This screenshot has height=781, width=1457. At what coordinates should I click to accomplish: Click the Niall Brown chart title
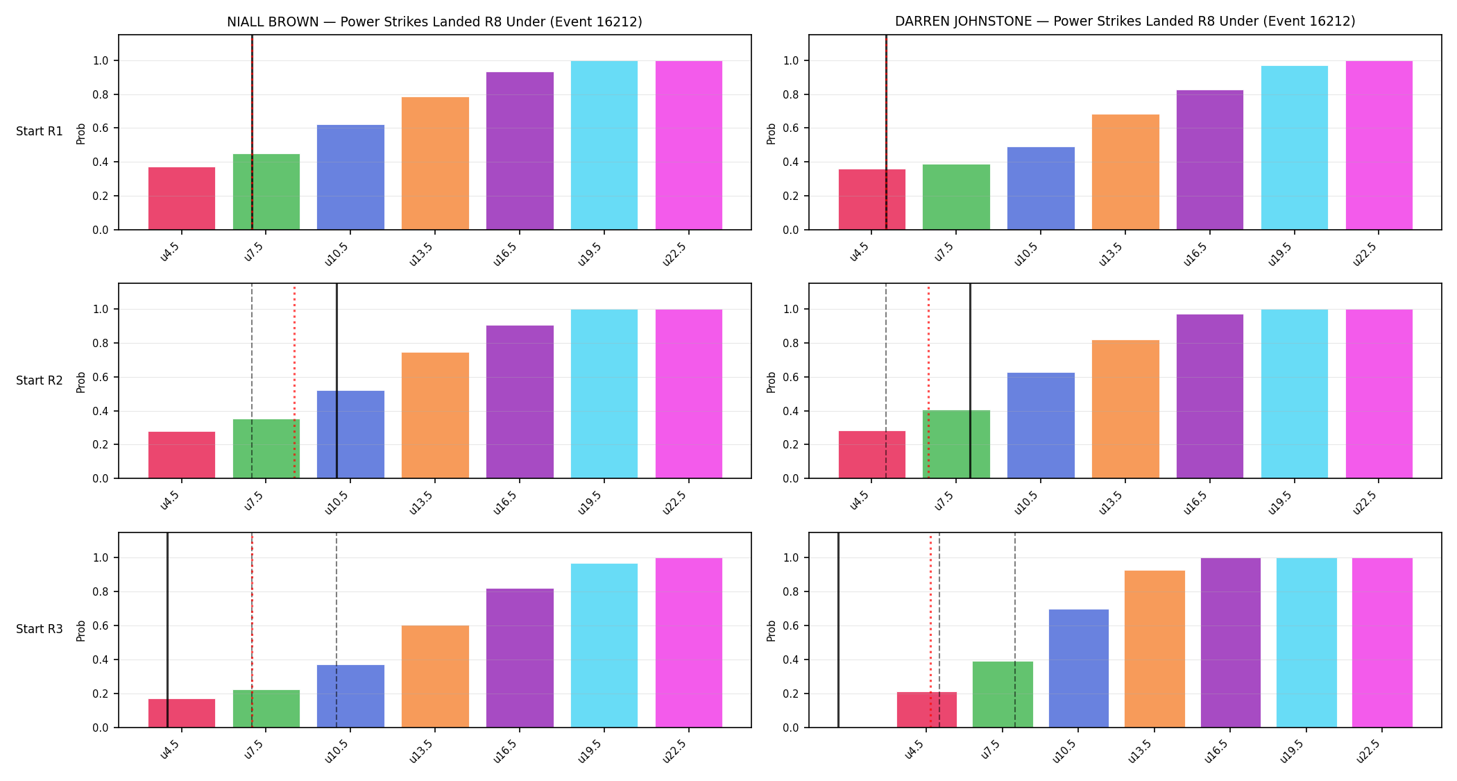coord(434,22)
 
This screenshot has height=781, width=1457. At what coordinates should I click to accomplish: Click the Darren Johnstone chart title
coord(1125,22)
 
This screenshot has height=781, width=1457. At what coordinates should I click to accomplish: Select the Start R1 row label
coord(40,131)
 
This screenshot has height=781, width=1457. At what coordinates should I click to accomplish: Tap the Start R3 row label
coord(40,629)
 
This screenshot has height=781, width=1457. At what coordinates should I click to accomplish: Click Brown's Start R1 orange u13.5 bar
coord(435,163)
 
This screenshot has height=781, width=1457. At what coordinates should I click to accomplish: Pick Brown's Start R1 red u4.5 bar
coord(182,199)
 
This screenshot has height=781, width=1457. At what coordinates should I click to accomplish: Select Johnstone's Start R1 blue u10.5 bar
coord(1041,188)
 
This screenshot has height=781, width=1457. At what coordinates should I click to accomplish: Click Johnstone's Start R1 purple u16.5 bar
coord(1210,160)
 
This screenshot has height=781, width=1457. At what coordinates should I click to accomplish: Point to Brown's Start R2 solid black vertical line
coord(336,380)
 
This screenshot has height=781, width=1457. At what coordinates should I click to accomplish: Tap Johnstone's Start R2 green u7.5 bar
coord(956,444)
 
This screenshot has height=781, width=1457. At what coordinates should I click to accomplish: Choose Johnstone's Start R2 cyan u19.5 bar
coord(1295,394)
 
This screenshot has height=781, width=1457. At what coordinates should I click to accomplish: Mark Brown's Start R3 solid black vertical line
coord(167,630)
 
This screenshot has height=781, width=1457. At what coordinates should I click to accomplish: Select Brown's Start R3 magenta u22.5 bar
coord(689,643)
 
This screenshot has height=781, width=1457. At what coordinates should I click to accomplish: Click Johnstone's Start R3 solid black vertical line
coord(838,630)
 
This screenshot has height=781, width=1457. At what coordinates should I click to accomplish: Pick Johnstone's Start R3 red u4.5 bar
coord(927,709)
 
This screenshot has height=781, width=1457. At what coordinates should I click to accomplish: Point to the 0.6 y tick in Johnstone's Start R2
coord(791,377)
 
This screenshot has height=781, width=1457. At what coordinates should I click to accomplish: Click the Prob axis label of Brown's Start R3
coord(81,630)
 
